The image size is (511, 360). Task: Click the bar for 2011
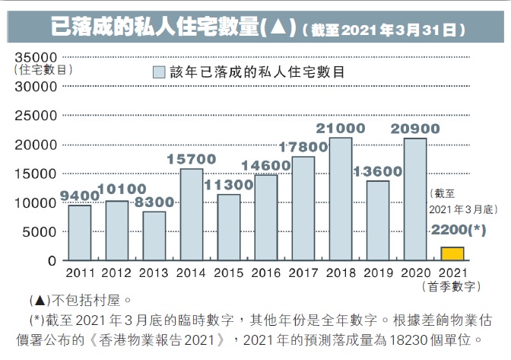pyautogui.click(x=79, y=233)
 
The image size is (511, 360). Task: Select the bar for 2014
pyautogui.click(x=191, y=215)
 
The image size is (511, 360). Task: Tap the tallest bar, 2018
pyautogui.click(x=340, y=199)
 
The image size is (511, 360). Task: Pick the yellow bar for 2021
pyautogui.click(x=452, y=253)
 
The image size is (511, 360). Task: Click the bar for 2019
pyautogui.click(x=377, y=221)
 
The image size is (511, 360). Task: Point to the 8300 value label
pyautogui.click(x=154, y=202)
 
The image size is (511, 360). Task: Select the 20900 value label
pyautogui.click(x=415, y=128)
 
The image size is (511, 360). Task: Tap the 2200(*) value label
pyautogui.click(x=458, y=230)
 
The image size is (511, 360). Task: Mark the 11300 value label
pyautogui.click(x=228, y=185)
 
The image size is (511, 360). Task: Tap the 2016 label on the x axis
pyautogui.click(x=266, y=272)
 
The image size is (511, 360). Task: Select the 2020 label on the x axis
pyautogui.click(x=415, y=272)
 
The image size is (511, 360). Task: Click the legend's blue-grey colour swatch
pyautogui.click(x=158, y=73)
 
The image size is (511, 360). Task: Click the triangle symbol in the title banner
pyautogui.click(x=277, y=28)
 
